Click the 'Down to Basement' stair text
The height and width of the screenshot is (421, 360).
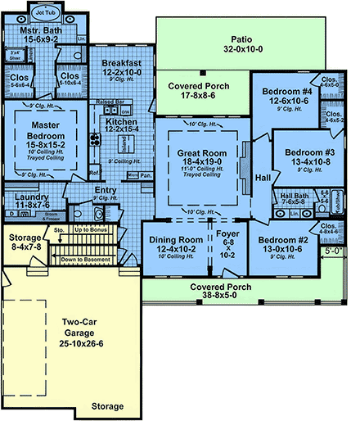[x=87, y=258]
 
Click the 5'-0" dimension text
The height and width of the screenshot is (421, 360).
[x=333, y=252]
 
